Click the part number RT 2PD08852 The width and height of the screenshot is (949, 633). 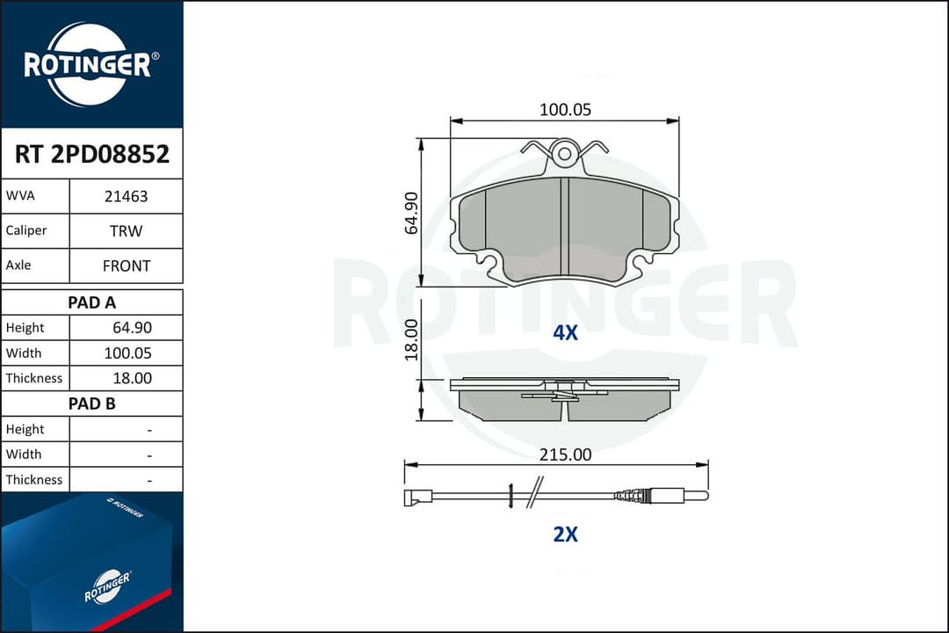(91, 155)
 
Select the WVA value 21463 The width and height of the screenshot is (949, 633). (126, 197)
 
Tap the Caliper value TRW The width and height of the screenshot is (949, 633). (126, 231)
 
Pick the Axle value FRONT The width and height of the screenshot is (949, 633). (126, 266)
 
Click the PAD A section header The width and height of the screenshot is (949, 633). (91, 302)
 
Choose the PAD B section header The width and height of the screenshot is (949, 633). (91, 404)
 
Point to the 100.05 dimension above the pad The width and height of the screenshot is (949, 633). (565, 110)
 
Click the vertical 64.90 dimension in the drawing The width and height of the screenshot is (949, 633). (410, 212)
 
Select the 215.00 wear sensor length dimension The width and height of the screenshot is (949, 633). (565, 455)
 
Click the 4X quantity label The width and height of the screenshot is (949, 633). (565, 333)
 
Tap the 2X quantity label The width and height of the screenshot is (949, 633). (565, 534)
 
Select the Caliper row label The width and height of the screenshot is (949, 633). (26, 231)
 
